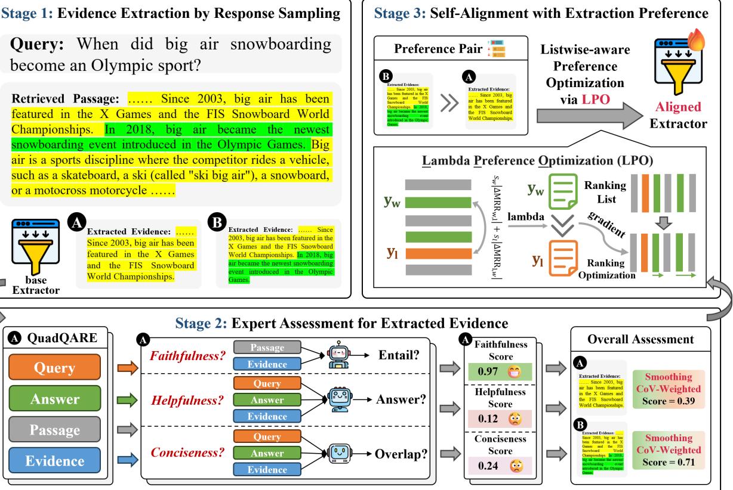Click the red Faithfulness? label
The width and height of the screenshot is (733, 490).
(x=183, y=355)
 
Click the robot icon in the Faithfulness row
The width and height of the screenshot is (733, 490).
(x=337, y=354)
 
